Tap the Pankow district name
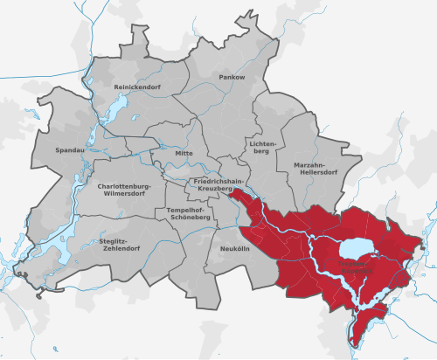tap(232, 78)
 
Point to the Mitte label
tap(184, 153)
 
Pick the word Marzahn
tap(313, 163)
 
